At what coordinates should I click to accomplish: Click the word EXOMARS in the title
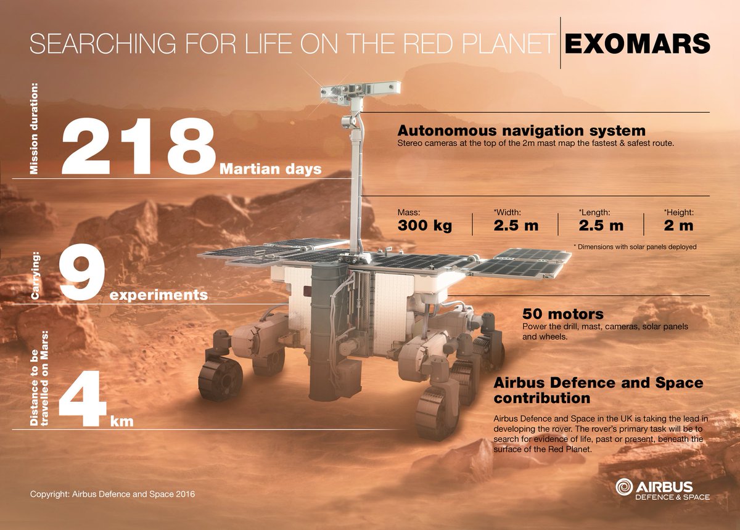(637, 43)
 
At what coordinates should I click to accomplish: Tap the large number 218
(139, 146)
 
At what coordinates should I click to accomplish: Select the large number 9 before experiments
(82, 272)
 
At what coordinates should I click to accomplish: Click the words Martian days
(270, 169)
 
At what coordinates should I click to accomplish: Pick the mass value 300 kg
(424, 226)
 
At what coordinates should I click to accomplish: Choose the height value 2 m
(678, 226)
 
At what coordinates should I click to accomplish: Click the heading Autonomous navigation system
(521, 131)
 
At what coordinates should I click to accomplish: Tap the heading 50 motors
(563, 314)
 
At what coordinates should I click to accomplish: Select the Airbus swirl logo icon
(624, 487)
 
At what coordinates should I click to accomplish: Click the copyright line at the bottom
(112, 494)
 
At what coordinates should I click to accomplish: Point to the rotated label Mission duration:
(34, 128)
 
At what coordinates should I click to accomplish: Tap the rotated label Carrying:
(35, 275)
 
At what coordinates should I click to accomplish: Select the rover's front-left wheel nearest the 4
(220, 378)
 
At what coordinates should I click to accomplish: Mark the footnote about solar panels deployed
(635, 247)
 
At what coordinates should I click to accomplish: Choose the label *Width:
(507, 213)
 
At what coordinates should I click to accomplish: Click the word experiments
(158, 295)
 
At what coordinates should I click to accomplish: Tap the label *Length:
(594, 213)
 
